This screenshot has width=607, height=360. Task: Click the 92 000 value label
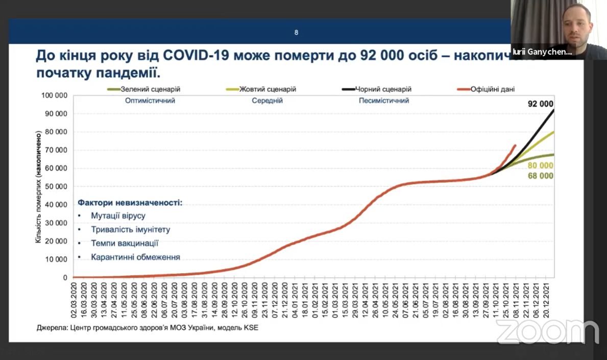[x=541, y=104]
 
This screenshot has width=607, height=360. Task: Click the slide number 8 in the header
[x=296, y=33]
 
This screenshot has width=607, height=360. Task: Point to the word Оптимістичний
[x=150, y=101]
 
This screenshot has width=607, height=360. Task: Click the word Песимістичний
[x=384, y=101]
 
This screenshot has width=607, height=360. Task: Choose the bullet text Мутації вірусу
[x=118, y=216]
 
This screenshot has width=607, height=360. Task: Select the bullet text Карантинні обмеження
[x=135, y=257]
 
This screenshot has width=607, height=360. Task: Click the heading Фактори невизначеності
[x=130, y=203]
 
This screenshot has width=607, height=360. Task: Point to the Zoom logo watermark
[x=547, y=332]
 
